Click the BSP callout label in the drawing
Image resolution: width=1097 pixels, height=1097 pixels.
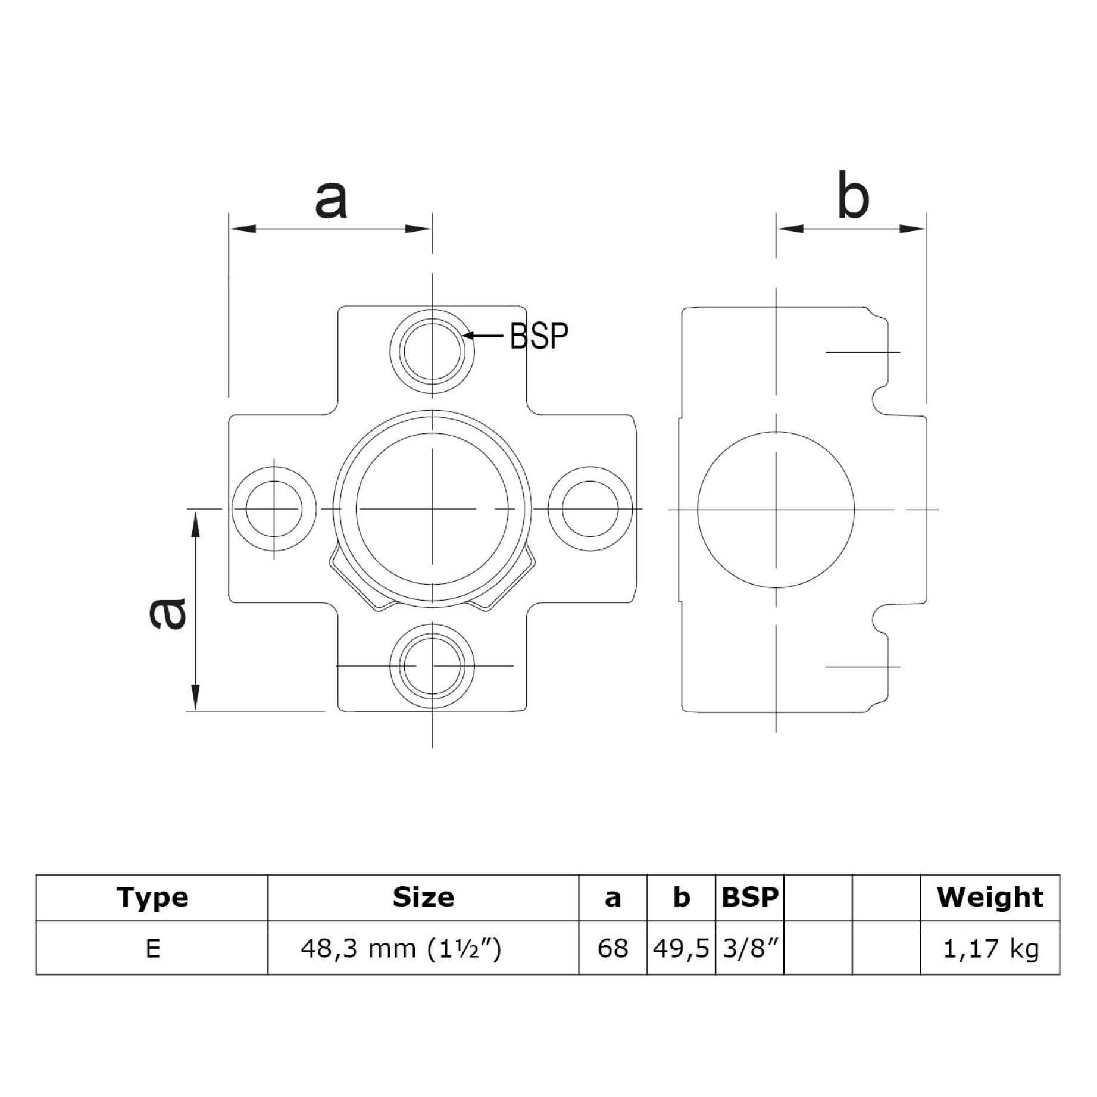coord(539,336)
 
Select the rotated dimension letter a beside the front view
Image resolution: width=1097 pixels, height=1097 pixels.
coord(167,614)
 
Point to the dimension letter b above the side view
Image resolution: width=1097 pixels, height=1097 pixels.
coord(852,196)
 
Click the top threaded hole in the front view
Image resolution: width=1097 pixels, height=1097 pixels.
coord(432,351)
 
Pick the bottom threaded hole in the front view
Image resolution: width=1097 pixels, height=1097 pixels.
coord(432,666)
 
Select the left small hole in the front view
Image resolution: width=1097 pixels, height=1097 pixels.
coord(274,510)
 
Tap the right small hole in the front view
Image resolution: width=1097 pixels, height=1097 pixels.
coord(590,510)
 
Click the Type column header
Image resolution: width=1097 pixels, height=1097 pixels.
coord(152,898)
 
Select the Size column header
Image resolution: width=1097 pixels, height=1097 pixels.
coord(423,898)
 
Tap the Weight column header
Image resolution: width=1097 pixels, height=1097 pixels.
coord(990,898)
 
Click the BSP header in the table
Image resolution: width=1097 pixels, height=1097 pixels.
coord(749,898)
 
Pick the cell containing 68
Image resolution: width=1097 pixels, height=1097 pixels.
coord(612,948)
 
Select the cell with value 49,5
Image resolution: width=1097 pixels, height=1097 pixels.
coord(681,948)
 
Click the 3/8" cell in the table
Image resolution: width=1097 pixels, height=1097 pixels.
coord(750,948)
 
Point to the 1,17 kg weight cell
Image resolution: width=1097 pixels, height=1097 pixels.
coord(990,948)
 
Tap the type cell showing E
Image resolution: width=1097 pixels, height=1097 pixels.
coord(152,948)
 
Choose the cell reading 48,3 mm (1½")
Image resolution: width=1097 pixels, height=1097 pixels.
coord(401,948)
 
